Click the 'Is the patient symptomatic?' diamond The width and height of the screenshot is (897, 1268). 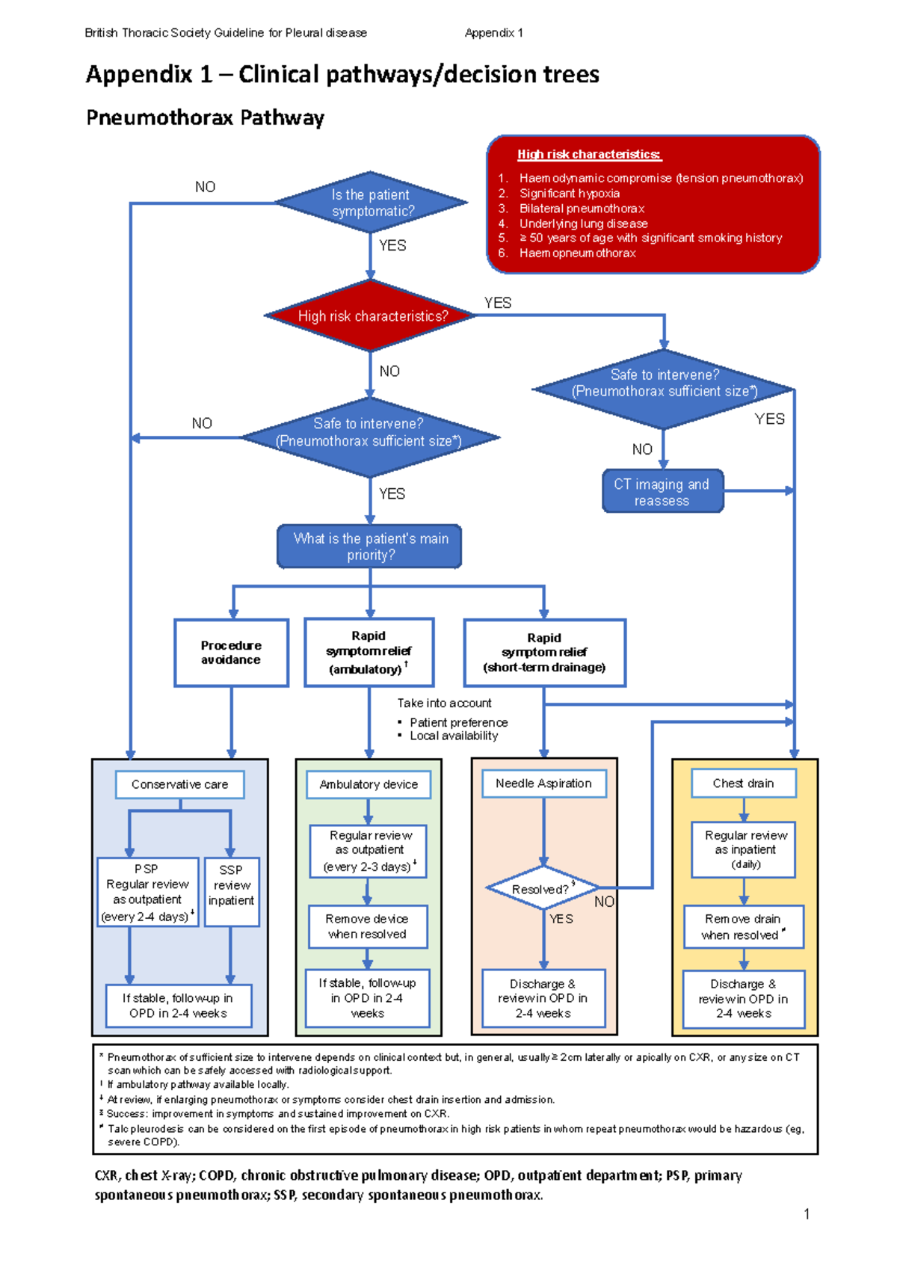coord(371,203)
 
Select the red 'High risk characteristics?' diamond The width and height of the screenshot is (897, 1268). coord(371,316)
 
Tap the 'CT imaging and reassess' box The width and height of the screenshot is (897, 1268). coord(662,492)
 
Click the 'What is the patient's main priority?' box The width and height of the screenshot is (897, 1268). coord(370,547)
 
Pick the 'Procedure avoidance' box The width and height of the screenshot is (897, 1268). coord(231,653)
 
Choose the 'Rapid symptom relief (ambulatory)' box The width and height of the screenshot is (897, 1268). coord(369,652)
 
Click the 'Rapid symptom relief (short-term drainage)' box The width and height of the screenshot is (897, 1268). coord(544,652)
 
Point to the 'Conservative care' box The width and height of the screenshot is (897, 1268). coord(179,784)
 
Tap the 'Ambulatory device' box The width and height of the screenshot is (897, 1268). coord(369,784)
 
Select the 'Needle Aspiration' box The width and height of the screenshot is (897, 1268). coord(543,784)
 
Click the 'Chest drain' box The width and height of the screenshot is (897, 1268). coord(743,784)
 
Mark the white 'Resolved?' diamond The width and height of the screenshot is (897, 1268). coord(542,889)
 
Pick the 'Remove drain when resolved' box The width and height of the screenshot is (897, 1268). coord(743,927)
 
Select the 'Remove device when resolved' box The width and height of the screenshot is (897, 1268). coord(368,926)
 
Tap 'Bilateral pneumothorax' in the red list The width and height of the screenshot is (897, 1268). coord(582,209)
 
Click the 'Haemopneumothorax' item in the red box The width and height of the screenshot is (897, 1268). coord(577,253)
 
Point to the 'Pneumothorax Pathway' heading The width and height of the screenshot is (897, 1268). coord(205,118)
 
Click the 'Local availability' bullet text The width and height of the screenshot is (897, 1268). coord(453,736)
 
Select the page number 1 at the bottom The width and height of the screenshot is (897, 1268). coord(807,1213)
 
